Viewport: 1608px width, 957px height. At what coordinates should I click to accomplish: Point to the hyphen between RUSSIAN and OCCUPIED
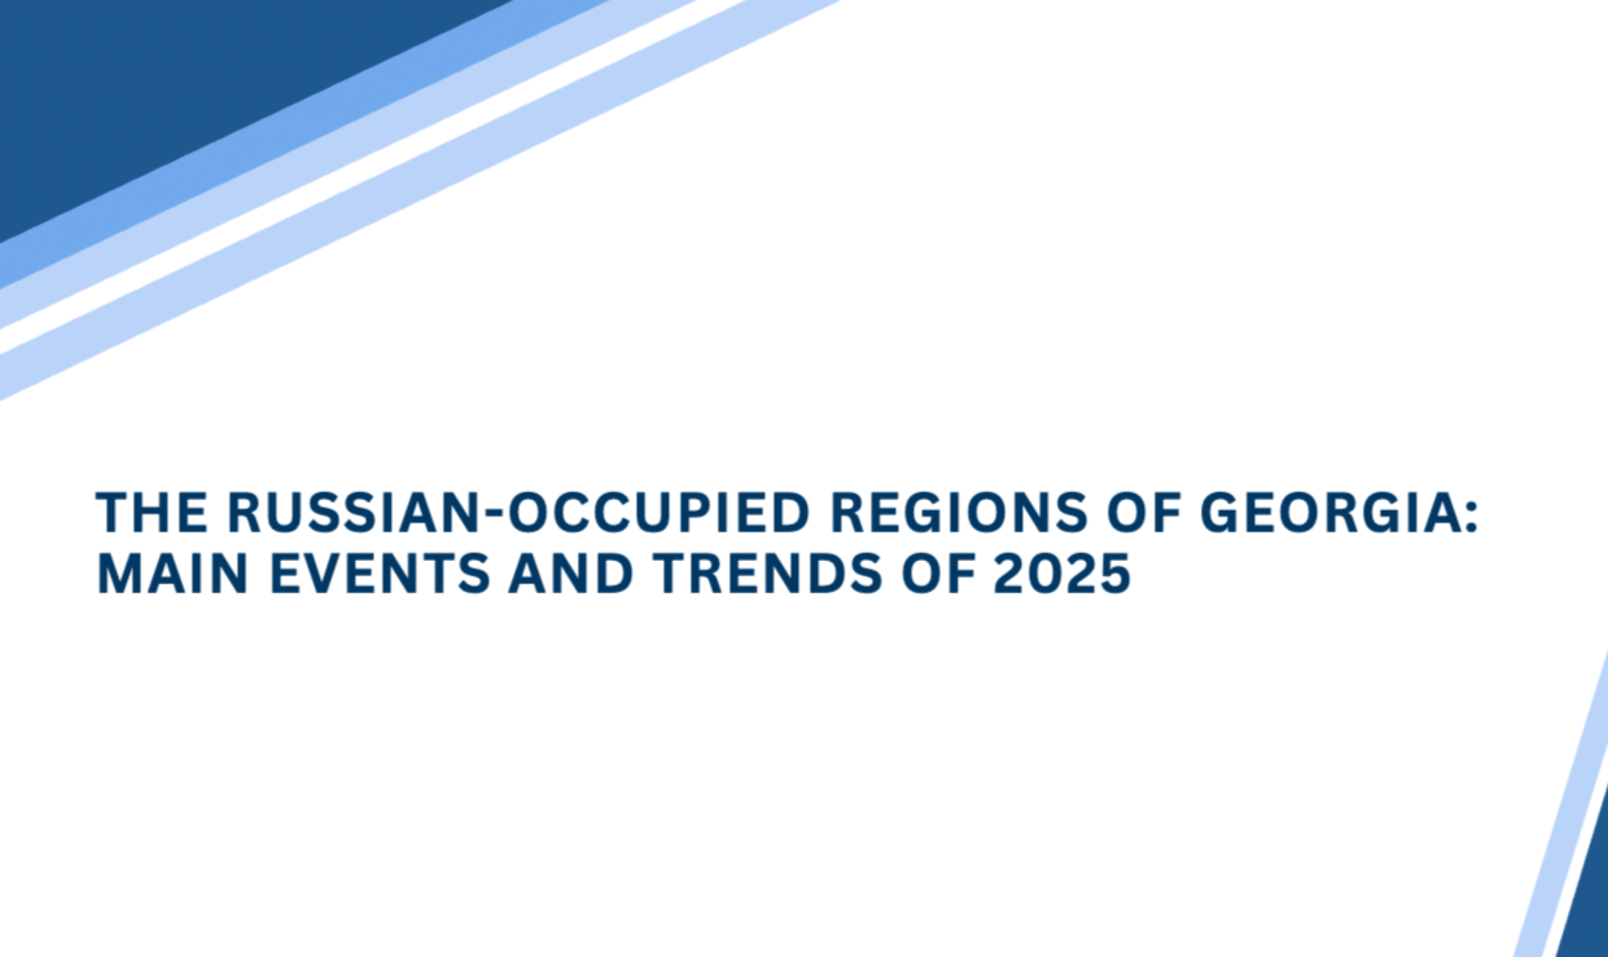494,514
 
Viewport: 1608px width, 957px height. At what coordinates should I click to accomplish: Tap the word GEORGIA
1329,512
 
